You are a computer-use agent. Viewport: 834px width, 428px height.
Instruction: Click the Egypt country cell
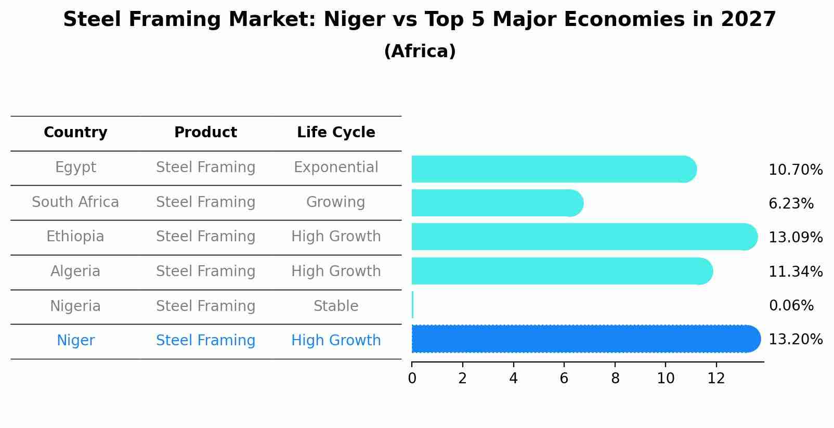tap(75, 167)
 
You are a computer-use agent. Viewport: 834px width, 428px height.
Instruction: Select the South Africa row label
tap(75, 202)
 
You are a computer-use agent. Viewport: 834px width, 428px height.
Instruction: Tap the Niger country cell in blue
tap(75, 341)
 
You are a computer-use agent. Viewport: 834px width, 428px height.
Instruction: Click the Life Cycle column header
tap(336, 133)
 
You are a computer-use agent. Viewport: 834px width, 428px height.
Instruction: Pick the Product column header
tap(205, 133)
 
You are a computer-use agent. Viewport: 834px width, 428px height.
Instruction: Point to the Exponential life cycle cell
tap(336, 167)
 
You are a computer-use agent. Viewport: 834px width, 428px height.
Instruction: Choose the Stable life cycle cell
tap(336, 306)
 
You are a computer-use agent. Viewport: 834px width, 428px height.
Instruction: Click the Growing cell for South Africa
tap(336, 202)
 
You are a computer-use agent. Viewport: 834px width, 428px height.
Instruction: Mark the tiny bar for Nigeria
tap(412, 305)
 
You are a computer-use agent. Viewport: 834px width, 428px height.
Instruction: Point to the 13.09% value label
tap(796, 238)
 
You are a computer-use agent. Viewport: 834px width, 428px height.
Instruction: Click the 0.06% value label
tap(791, 306)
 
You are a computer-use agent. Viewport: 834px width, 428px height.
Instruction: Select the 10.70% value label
tap(796, 170)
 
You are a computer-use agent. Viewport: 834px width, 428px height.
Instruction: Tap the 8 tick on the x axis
tap(615, 379)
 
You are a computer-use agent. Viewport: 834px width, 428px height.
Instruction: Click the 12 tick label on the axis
tap(716, 379)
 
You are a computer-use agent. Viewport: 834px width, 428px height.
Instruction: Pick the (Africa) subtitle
tap(420, 51)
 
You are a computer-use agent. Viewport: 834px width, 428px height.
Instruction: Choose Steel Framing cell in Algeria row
tap(205, 271)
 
